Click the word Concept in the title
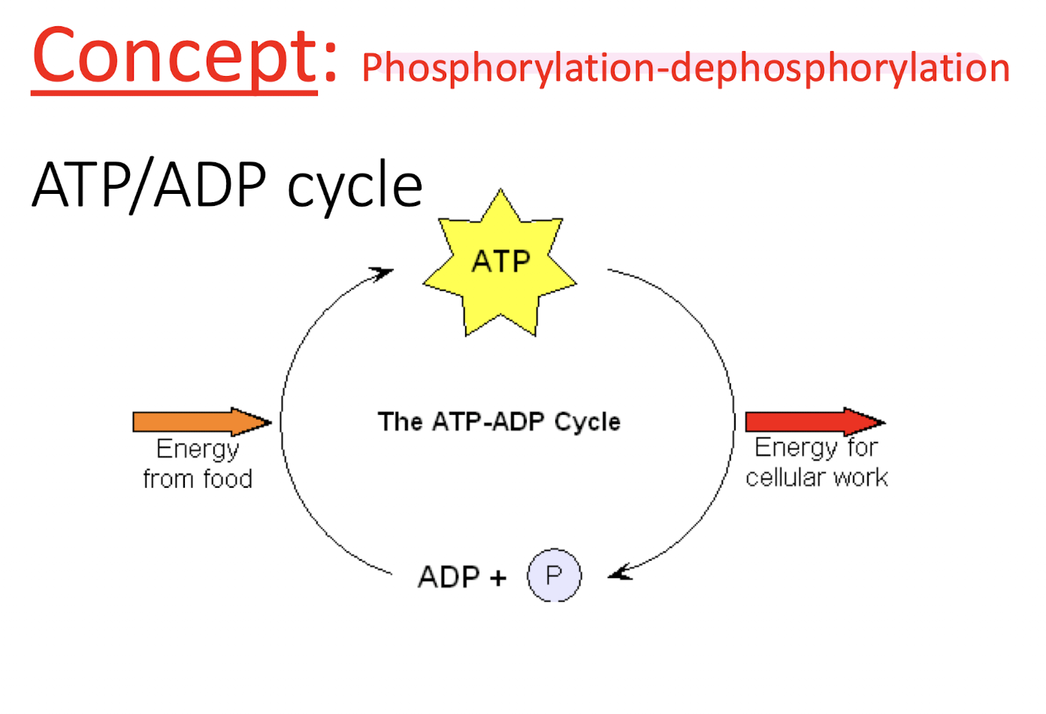[174, 57]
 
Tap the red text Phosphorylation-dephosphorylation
[685, 68]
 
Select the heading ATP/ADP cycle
[227, 185]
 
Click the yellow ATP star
[500, 262]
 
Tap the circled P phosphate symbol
[555, 576]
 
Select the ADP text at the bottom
[449, 577]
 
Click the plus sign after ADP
[497, 578]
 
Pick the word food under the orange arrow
[222, 479]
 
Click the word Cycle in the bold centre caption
[588, 422]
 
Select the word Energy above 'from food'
[198, 449]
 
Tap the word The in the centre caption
[401, 422]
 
